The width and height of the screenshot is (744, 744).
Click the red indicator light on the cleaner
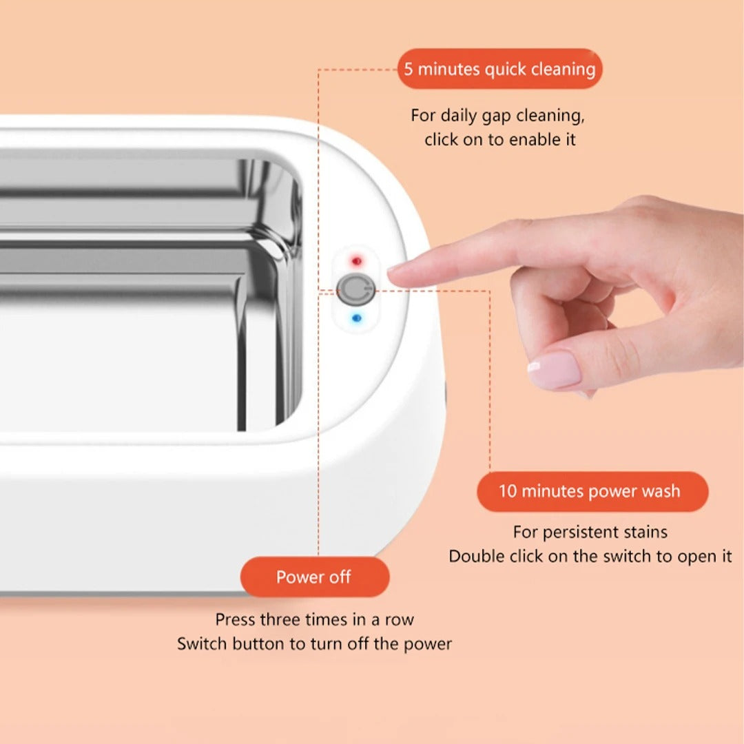coord(356,261)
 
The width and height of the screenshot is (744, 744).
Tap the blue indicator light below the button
coord(357,318)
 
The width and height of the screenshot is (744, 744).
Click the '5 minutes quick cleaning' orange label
coord(499,69)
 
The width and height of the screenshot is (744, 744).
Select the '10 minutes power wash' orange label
coord(592,491)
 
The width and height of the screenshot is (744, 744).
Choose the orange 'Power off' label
coord(315,577)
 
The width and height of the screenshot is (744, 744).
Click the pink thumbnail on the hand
coord(554,369)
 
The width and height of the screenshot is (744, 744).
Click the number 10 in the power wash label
coord(507,491)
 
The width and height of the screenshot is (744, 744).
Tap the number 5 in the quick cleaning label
coord(408,69)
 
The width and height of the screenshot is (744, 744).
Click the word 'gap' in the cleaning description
coord(497,116)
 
